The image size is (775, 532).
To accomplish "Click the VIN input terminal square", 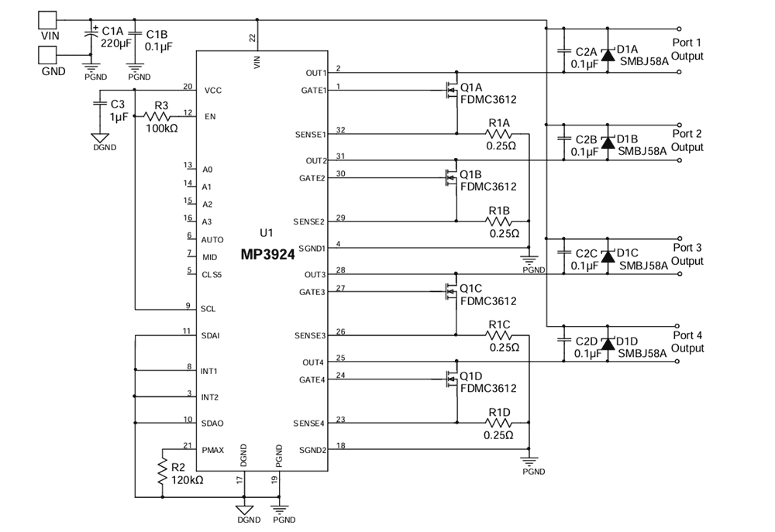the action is point(47,20).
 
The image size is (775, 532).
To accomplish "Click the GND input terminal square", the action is point(47,55).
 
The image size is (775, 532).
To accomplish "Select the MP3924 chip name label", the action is point(267,255).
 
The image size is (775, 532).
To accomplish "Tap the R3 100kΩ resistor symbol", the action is point(157,117).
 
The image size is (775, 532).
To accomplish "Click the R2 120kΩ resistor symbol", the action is point(162,472).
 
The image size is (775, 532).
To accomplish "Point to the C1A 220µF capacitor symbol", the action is point(91,36).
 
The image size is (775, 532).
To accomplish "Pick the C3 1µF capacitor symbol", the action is point(100,104).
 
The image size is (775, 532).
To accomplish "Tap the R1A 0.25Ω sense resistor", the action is point(498,134).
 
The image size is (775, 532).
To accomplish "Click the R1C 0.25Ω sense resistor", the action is point(498,336).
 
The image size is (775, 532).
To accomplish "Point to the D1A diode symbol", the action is point(608,54).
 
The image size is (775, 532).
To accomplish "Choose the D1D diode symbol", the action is point(608,343).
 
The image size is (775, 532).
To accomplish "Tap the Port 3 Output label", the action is point(687,254).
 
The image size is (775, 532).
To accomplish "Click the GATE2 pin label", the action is point(312,178).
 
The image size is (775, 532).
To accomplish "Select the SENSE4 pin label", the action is point(309,424).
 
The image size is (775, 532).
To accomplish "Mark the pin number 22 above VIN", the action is point(252,37).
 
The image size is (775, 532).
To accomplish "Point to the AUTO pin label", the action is point(212,239).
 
